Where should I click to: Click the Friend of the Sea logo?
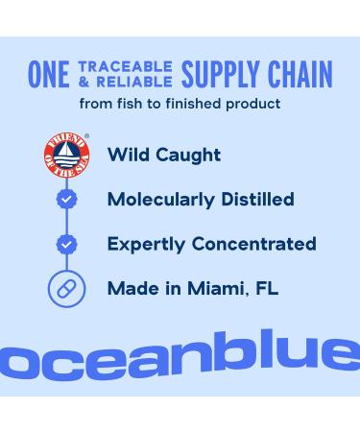click(x=66, y=155)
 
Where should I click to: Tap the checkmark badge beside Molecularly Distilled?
click(x=66, y=199)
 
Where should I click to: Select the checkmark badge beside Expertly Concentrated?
click(x=66, y=244)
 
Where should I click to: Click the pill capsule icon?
click(x=66, y=288)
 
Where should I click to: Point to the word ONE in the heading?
click(x=48, y=74)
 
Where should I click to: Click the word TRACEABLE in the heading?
click(x=126, y=66)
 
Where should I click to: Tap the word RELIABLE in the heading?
click(x=135, y=81)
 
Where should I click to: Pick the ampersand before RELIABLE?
click(x=84, y=81)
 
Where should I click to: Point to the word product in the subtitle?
click(x=251, y=103)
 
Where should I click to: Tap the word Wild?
click(x=128, y=155)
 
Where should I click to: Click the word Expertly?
click(x=145, y=245)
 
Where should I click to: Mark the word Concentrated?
click(x=253, y=244)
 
